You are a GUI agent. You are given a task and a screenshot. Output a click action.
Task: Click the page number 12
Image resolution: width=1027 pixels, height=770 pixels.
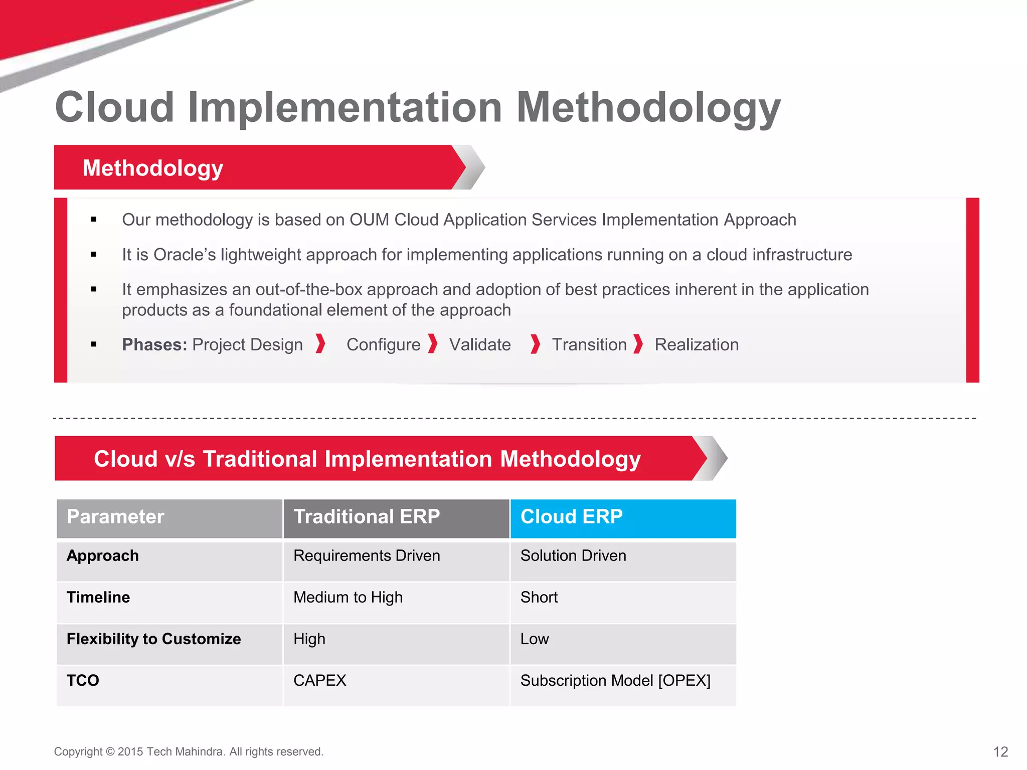(x=1000, y=751)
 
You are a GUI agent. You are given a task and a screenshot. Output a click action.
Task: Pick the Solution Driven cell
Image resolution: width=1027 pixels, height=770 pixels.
(x=573, y=556)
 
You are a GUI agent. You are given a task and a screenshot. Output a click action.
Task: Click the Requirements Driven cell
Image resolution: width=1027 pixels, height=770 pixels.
(x=366, y=556)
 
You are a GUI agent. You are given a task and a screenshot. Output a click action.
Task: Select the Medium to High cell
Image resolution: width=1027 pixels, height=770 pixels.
(x=348, y=598)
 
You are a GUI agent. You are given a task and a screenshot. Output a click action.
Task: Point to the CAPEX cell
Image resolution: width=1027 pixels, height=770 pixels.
(x=319, y=681)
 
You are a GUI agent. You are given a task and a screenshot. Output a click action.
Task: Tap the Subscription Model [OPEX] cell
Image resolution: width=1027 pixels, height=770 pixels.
(x=615, y=681)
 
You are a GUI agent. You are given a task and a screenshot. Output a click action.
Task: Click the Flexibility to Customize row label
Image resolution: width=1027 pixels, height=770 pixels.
(x=153, y=639)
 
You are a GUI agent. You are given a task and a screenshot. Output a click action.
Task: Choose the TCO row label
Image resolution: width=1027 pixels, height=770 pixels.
(x=83, y=681)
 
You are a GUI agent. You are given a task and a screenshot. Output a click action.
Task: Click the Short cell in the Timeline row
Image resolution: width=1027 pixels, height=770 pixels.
(x=539, y=598)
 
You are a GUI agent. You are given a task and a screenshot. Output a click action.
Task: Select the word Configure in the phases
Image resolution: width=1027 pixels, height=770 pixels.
(x=383, y=345)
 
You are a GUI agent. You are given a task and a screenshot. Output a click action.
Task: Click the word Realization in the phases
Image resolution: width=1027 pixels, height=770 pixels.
(x=696, y=345)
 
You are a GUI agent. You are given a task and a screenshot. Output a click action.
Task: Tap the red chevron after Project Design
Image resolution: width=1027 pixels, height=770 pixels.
(x=320, y=344)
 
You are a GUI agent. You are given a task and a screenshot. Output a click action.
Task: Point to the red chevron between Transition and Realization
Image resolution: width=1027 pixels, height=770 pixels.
(x=638, y=344)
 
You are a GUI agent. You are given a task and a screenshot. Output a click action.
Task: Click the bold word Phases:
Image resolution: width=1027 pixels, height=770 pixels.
(x=154, y=345)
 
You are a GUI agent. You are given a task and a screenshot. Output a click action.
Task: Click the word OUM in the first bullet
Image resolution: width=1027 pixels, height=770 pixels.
(x=369, y=220)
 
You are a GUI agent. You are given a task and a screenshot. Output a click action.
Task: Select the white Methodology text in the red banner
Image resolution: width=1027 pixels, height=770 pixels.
(x=152, y=168)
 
